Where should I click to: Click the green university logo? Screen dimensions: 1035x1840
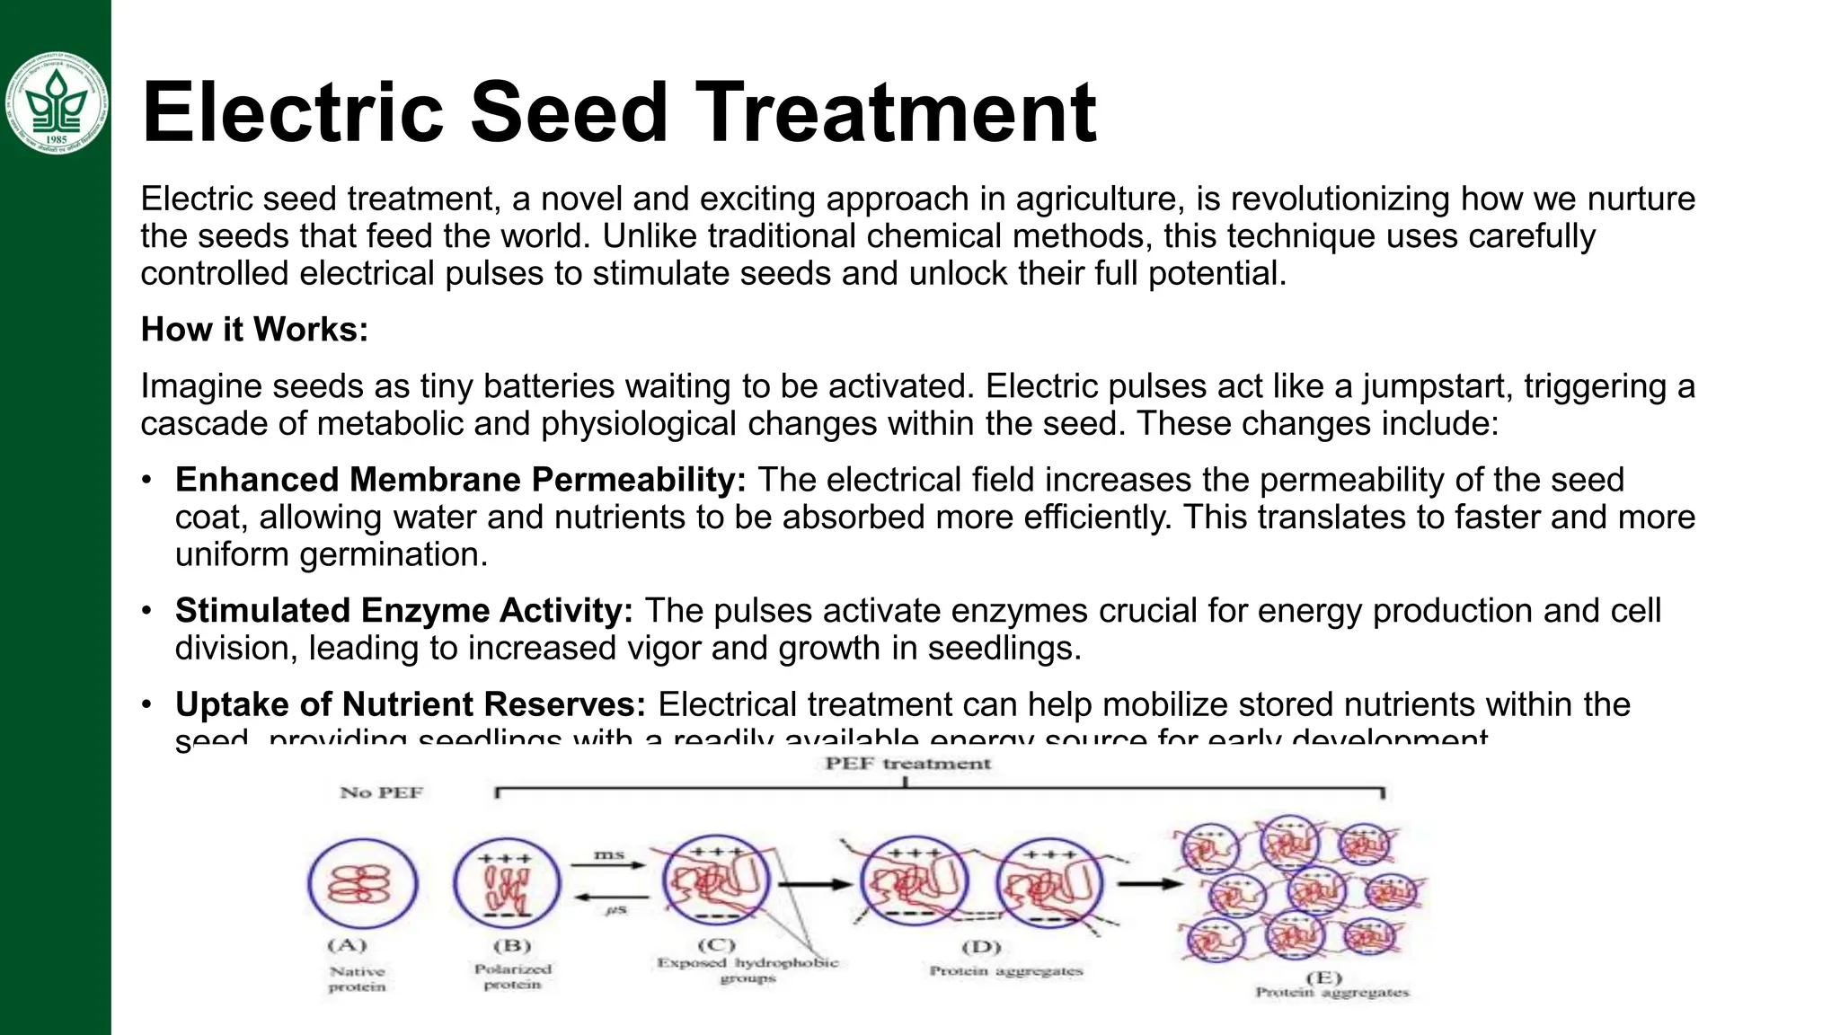[x=56, y=102]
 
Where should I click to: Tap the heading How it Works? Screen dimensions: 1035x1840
[x=255, y=330]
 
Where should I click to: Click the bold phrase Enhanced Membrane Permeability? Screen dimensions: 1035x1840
[x=461, y=480]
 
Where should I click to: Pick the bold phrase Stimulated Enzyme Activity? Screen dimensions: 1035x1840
[x=404, y=611]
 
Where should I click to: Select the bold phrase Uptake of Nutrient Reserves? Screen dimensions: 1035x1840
[x=411, y=704]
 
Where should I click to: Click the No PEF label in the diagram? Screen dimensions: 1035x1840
[x=381, y=792]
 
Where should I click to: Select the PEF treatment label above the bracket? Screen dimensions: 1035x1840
[x=907, y=764]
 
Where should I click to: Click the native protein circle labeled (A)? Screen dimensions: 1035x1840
[x=362, y=883]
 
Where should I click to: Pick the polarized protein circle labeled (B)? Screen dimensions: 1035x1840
[x=507, y=883]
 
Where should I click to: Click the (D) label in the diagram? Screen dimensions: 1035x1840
[x=980, y=946]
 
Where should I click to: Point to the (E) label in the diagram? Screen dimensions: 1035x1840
[x=1323, y=977]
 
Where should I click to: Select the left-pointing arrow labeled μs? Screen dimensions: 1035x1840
[x=612, y=898]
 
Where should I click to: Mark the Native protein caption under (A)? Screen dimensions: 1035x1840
[x=357, y=978]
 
